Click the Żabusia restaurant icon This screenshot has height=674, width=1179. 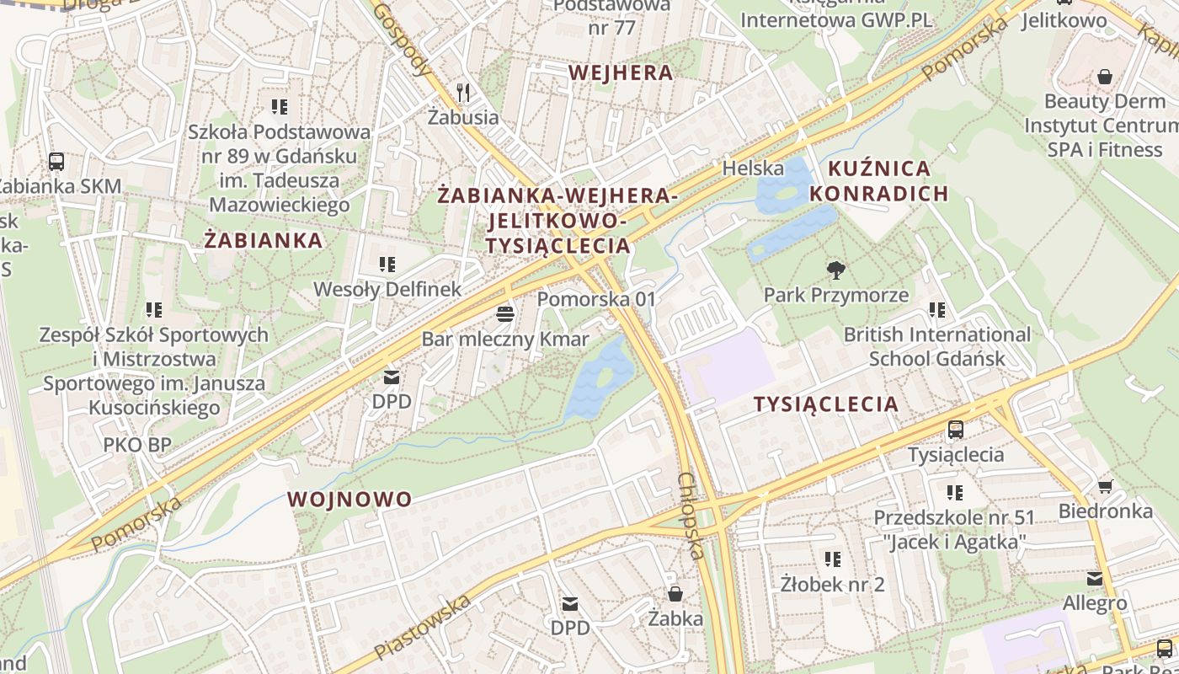click(x=462, y=91)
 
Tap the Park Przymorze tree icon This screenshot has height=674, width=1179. click(x=836, y=270)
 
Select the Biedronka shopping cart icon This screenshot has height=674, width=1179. click(x=1105, y=486)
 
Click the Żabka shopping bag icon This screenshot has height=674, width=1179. click(x=675, y=594)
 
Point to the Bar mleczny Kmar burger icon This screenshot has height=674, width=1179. click(x=505, y=314)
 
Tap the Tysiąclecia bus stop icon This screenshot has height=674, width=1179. click(x=956, y=430)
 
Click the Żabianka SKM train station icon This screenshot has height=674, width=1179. click(x=56, y=161)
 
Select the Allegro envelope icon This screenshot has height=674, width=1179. click(x=1094, y=579)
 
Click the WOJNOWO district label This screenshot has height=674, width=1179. click(x=349, y=499)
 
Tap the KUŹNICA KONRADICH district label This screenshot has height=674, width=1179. click(x=879, y=181)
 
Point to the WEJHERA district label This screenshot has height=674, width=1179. click(x=621, y=72)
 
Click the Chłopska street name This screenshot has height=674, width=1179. click(x=691, y=516)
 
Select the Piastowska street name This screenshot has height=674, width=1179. click(x=423, y=627)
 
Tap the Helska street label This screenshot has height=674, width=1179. click(x=753, y=168)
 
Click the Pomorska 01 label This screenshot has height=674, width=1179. click(x=596, y=299)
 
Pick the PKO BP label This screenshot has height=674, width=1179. click(x=137, y=444)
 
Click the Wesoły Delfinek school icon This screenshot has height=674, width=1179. click(x=387, y=265)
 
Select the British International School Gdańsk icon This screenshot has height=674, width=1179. click(x=937, y=310)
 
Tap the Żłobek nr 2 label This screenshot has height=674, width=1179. click(x=832, y=583)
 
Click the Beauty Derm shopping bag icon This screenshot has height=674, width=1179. click(x=1105, y=77)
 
